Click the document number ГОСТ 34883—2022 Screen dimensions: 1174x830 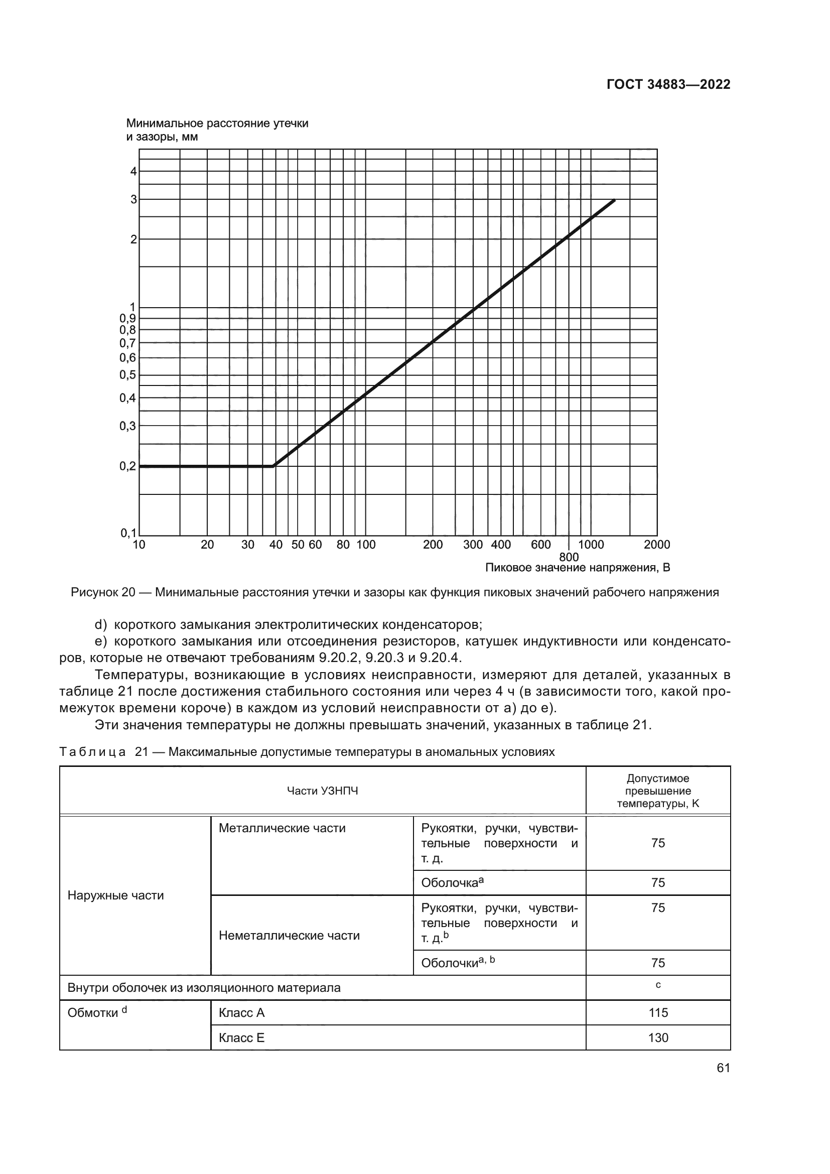(668, 84)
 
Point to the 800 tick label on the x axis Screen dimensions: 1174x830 (569, 557)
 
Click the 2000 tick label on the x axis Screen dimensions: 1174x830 (657, 545)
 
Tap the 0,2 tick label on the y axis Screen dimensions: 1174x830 (128, 466)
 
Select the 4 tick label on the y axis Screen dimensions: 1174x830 (133, 171)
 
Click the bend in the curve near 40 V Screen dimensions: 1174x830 (274, 466)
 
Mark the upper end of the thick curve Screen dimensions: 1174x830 (614, 200)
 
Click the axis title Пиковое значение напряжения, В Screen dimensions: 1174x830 (577, 568)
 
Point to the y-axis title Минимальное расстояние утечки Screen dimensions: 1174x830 (217, 124)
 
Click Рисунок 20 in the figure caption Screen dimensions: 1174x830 (103, 593)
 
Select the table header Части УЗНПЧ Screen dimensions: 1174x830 (323, 791)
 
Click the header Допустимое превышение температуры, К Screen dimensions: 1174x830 (658, 791)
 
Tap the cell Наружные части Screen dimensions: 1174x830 (115, 895)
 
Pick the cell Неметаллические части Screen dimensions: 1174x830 (289, 935)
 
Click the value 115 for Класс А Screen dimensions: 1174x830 (658, 1012)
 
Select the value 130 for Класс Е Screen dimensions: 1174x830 (658, 1037)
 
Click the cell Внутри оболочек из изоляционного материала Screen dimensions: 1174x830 (204, 987)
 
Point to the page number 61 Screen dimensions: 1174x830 (723, 1068)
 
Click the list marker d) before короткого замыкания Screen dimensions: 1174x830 (101, 625)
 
